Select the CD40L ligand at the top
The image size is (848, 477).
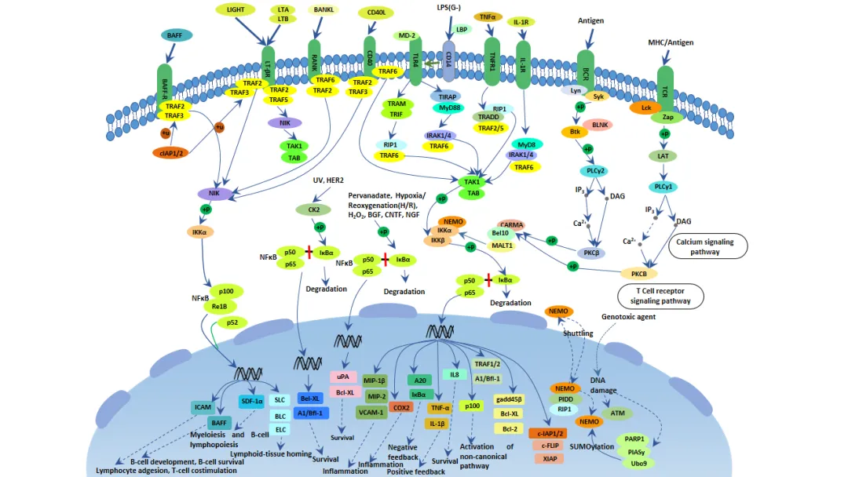click(x=375, y=13)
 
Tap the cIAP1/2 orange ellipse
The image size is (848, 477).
click(x=171, y=152)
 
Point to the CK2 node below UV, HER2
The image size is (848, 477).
click(x=309, y=209)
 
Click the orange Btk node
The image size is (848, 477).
click(x=574, y=132)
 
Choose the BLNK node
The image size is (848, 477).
click(x=601, y=125)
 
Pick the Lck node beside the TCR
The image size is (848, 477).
click(x=646, y=107)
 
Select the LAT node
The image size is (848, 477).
click(x=663, y=156)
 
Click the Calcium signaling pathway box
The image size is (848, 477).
click(x=707, y=246)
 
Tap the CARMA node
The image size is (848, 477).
click(x=511, y=225)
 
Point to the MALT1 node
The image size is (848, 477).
click(x=502, y=246)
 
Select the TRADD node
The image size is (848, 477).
click(x=488, y=117)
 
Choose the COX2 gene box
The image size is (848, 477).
click(x=401, y=407)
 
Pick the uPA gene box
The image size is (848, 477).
click(x=342, y=377)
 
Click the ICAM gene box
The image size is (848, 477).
click(x=203, y=407)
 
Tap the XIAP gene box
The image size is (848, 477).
click(x=549, y=458)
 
